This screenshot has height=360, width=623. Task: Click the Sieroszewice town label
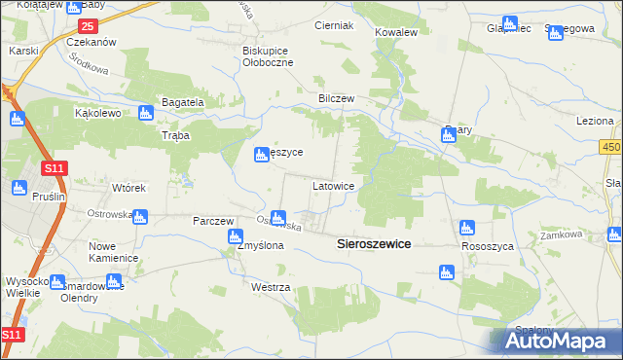[374, 245]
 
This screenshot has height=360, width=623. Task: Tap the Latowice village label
[339, 184]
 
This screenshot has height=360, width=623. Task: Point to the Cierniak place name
[334, 25]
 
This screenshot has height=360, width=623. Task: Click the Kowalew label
[396, 32]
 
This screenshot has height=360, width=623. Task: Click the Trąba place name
[175, 136]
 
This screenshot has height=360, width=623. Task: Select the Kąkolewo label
[97, 113]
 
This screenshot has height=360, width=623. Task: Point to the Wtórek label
[128, 188]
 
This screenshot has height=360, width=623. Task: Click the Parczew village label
[215, 221]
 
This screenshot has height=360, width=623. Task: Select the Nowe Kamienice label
[114, 252]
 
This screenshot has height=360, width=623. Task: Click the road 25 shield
[89, 25]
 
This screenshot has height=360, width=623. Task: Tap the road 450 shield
[609, 147]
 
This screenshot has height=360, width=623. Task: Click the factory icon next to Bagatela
[146, 113]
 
